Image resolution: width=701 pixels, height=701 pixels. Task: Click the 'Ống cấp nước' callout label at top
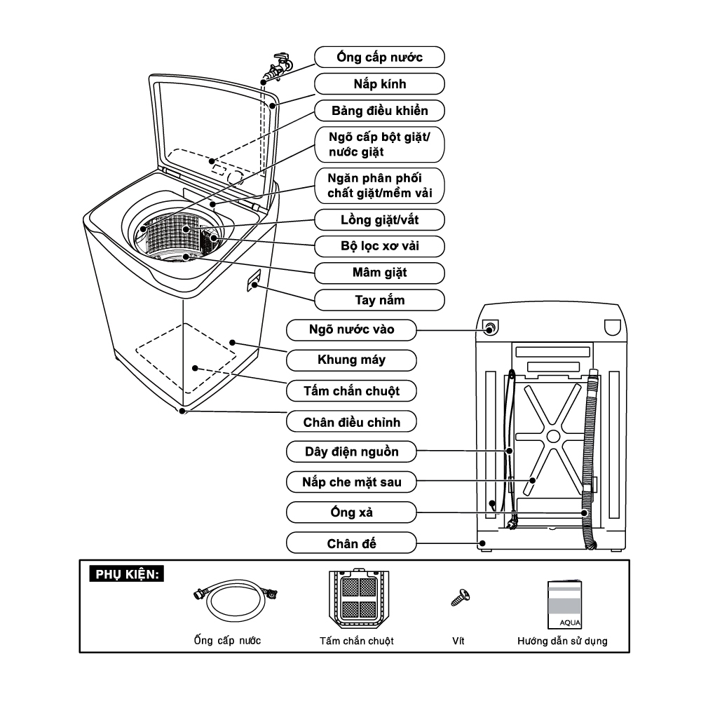[379, 57]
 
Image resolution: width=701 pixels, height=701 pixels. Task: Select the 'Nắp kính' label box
[379, 84]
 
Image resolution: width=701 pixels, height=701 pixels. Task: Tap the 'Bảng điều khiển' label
[379, 111]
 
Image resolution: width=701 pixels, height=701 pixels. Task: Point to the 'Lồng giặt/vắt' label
[379, 219]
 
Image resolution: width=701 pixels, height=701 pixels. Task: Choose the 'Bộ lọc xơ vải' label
[379, 246]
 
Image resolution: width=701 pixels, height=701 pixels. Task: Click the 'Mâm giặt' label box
[379, 273]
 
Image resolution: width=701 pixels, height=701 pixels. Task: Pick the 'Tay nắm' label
[379, 300]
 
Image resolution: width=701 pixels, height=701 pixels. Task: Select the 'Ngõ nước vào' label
[351, 329]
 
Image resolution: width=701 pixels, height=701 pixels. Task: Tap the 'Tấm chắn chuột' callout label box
[351, 390]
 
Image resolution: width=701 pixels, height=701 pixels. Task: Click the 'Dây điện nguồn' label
[351, 452]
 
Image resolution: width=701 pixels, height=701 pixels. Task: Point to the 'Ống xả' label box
[351, 512]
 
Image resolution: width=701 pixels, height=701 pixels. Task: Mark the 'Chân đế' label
[351, 543]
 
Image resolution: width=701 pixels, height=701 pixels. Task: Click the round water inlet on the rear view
[489, 327]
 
